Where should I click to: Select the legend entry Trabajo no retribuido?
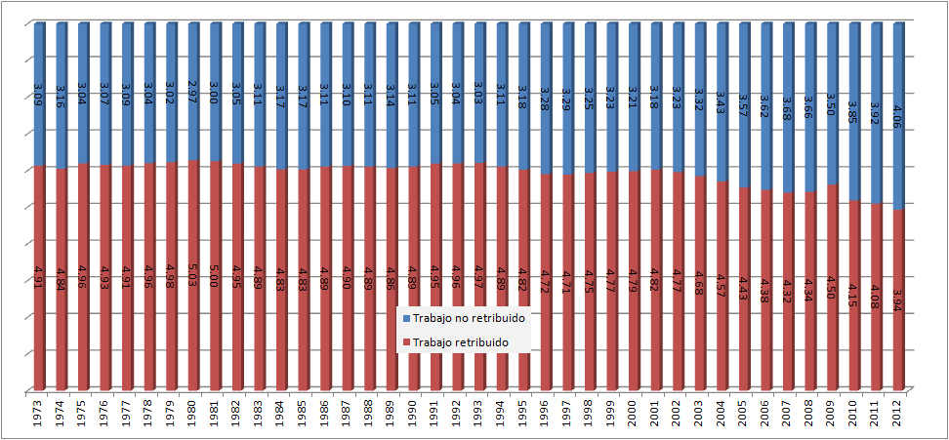pyautogui.click(x=468, y=319)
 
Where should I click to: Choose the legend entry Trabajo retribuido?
pyautogui.click(x=461, y=342)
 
